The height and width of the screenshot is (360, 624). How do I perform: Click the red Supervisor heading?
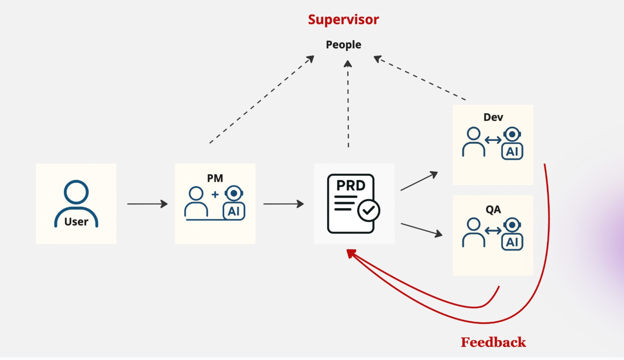[343, 20]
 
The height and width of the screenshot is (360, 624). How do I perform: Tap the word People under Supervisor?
[343, 45]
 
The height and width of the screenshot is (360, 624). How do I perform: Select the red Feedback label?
[493, 342]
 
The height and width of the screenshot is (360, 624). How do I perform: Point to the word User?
[76, 222]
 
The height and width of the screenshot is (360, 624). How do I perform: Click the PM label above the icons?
[215, 178]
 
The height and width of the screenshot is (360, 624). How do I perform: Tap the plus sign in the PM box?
[215, 195]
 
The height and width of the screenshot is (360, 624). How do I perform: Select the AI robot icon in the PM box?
[234, 203]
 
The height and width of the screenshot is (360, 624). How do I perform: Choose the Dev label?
[493, 117]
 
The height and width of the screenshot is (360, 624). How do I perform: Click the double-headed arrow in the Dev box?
[493, 140]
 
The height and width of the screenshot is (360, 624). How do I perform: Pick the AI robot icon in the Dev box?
[512, 144]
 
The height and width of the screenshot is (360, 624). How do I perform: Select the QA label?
[493, 210]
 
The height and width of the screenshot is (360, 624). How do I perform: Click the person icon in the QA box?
[474, 233]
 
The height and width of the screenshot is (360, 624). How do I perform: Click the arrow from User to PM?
[147, 204]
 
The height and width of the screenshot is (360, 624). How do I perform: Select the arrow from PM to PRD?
[283, 204]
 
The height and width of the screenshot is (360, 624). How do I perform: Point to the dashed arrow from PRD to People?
[348, 103]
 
